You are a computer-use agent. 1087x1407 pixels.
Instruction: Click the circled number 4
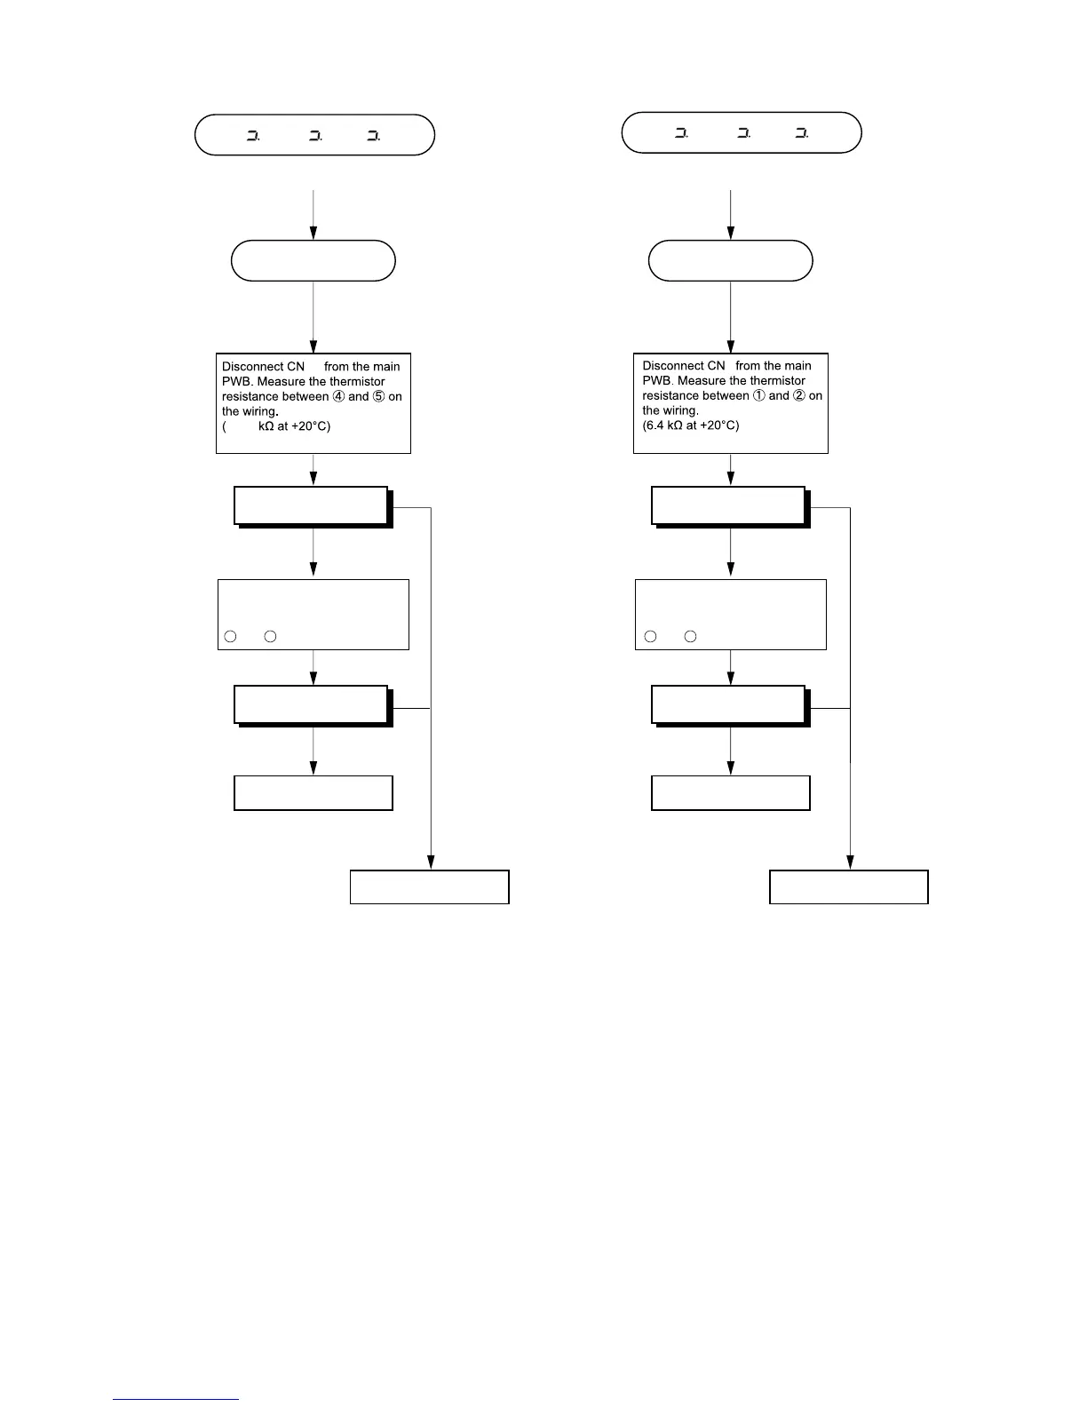pyautogui.click(x=338, y=396)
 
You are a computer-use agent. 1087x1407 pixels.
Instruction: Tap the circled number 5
pyautogui.click(x=378, y=396)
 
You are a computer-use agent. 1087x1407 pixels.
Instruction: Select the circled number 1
pyautogui.click(x=758, y=395)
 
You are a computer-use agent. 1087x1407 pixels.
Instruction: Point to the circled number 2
pyautogui.click(x=799, y=395)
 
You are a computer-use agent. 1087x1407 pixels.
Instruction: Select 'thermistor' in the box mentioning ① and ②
pyautogui.click(x=775, y=381)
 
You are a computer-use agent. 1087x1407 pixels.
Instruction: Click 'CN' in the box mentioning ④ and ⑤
pyautogui.click(x=295, y=367)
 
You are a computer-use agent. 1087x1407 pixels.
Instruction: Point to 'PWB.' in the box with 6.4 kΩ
pyautogui.click(x=658, y=381)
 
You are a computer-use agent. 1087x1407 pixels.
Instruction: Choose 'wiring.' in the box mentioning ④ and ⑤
pyautogui.click(x=260, y=412)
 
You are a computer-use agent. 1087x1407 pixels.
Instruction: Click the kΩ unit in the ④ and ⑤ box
pyautogui.click(x=266, y=426)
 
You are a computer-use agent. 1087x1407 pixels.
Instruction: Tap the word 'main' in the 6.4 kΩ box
pyautogui.click(x=797, y=366)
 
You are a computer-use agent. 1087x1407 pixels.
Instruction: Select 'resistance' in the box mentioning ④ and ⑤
pyautogui.click(x=250, y=396)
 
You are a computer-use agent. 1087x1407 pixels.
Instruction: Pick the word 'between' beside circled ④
pyautogui.click(x=305, y=396)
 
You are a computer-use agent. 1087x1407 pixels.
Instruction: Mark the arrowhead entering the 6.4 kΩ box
pyautogui.click(x=730, y=346)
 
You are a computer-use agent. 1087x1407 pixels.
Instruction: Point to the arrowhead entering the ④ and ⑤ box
pyautogui.click(x=313, y=346)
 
